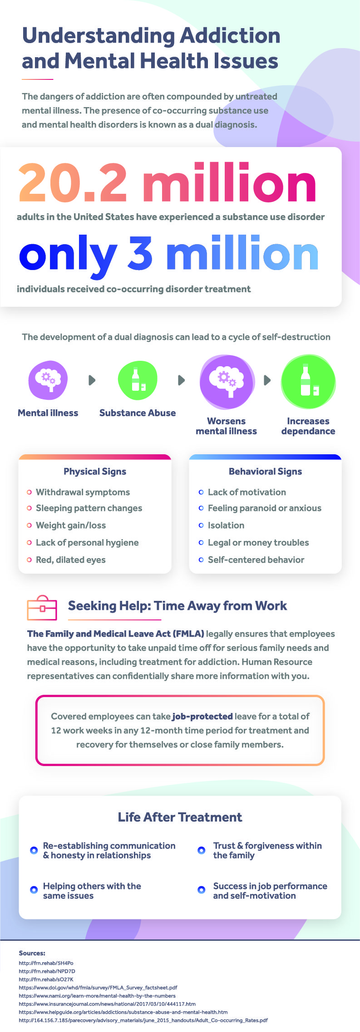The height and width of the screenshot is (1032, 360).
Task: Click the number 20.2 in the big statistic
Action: point(73,182)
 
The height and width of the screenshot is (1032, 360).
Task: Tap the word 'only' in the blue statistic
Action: point(68,256)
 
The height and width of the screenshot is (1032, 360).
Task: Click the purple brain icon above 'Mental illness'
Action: point(48,380)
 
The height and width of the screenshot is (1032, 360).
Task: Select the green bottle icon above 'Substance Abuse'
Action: point(138,380)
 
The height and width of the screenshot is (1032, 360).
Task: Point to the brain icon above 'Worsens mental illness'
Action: point(227,382)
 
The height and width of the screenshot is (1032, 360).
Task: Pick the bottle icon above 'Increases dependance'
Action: point(309,382)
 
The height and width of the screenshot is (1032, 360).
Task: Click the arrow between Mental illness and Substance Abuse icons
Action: point(92,380)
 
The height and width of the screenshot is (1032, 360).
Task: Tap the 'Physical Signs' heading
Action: point(95,472)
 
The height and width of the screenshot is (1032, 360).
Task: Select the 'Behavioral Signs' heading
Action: point(266,472)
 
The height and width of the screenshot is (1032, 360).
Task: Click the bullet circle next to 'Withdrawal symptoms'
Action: point(30,492)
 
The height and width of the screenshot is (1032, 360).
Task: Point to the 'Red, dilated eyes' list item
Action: point(71,560)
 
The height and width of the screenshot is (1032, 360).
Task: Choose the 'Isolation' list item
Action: point(226,525)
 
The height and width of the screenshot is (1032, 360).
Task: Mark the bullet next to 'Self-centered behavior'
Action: point(201,560)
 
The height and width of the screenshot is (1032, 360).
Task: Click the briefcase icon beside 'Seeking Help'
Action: point(42,608)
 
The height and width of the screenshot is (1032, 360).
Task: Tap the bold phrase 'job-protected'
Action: point(202,716)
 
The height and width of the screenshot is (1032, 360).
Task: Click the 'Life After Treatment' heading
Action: point(180,817)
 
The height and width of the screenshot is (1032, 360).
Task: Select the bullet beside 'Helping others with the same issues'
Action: point(34,889)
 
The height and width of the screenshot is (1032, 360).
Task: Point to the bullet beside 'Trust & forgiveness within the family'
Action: point(202,850)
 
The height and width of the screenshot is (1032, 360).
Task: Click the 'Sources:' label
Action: point(32,953)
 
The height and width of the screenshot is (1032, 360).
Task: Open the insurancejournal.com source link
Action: point(107,1004)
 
